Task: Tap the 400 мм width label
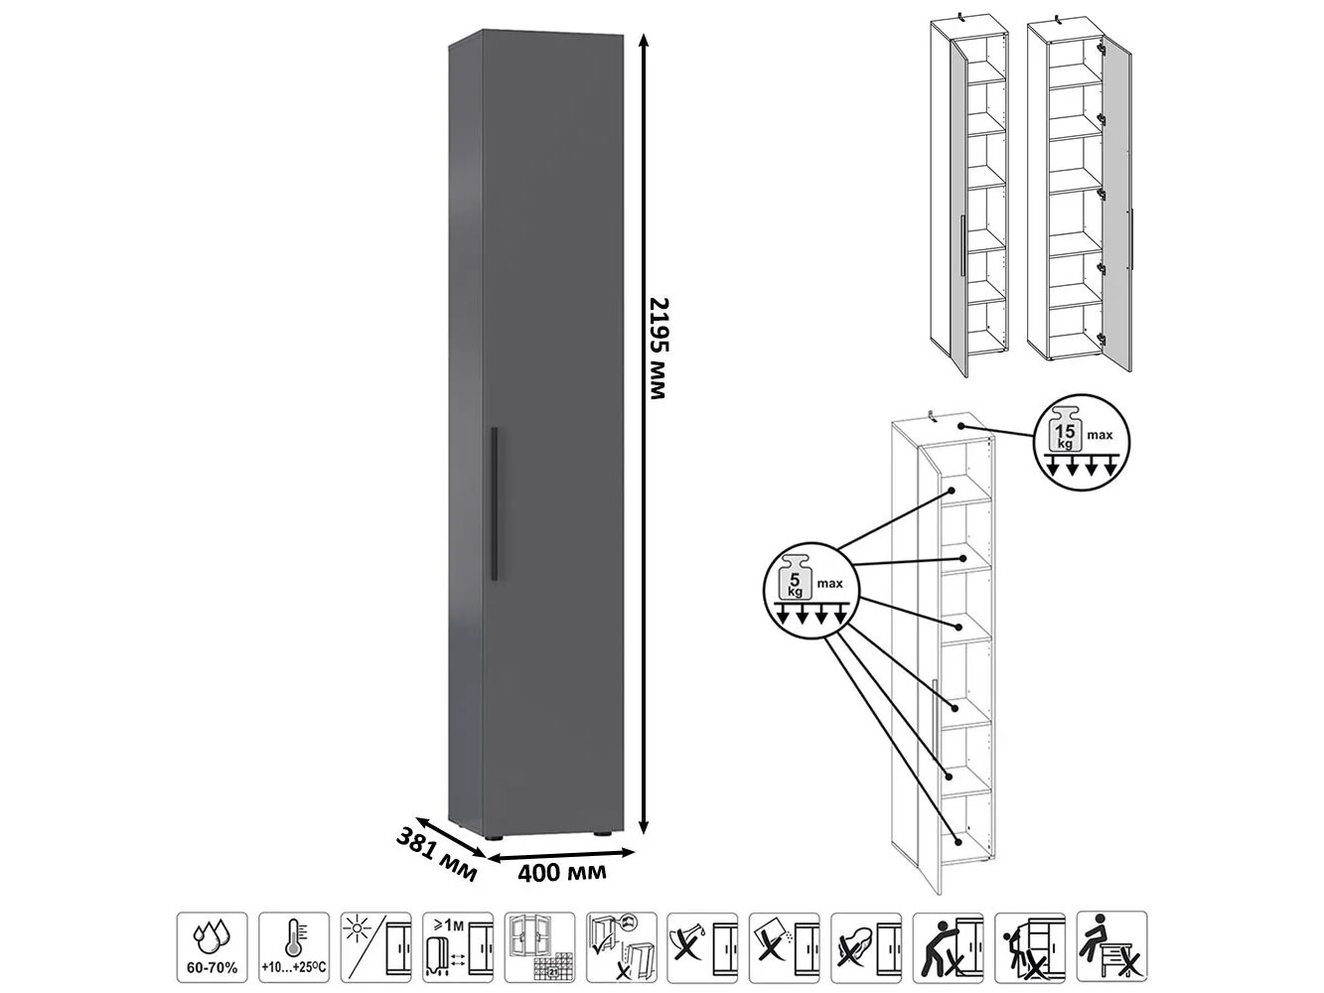click(x=561, y=872)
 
